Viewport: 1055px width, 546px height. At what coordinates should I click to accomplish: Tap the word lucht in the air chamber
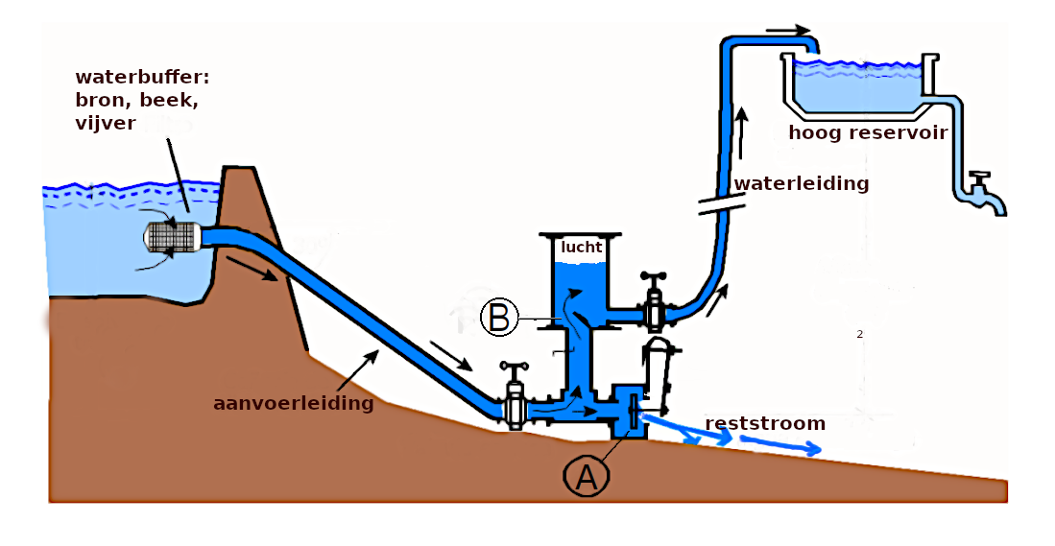[x=583, y=247]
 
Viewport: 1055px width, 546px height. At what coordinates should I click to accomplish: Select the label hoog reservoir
[x=867, y=133]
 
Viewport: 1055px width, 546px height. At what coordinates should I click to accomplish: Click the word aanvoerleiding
[x=293, y=403]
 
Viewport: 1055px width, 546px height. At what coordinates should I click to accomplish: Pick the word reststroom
[x=764, y=423]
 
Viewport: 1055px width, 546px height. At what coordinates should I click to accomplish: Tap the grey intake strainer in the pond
[x=171, y=235]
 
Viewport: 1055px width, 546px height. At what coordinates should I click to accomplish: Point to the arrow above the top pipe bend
[x=788, y=30]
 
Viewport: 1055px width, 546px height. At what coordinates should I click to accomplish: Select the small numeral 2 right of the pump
[x=860, y=334]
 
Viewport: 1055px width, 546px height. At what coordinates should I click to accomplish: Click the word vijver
[x=106, y=122]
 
